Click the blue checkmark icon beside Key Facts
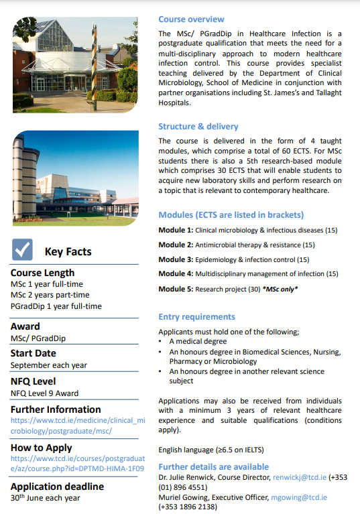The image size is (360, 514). (23, 251)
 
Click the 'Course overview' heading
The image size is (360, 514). (191, 19)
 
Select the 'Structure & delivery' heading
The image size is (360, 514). (198, 126)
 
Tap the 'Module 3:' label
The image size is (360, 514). (175, 259)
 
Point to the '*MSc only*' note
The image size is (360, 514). (280, 289)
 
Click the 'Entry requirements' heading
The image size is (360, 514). (196, 316)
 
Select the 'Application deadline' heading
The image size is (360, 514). (57, 486)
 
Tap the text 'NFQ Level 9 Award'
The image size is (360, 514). (44, 393)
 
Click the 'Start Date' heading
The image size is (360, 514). (33, 353)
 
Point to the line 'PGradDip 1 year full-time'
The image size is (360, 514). (56, 306)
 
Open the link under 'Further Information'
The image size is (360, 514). (77, 426)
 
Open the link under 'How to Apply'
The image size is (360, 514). (77, 464)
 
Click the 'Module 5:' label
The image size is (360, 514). (175, 289)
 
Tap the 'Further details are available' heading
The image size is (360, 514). (213, 466)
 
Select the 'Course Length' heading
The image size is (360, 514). (42, 273)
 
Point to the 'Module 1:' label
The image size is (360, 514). (175, 230)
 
